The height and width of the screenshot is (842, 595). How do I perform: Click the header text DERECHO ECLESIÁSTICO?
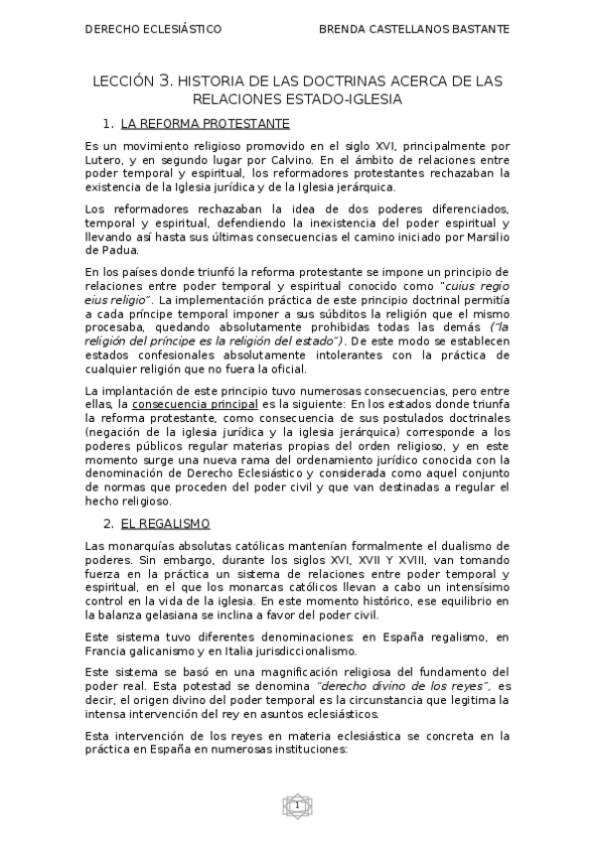pos(153,30)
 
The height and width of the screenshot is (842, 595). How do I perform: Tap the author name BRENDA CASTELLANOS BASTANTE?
pos(414,30)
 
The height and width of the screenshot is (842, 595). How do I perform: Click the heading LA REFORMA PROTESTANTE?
pos(205,124)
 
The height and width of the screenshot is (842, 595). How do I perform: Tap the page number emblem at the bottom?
pos(296,805)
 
